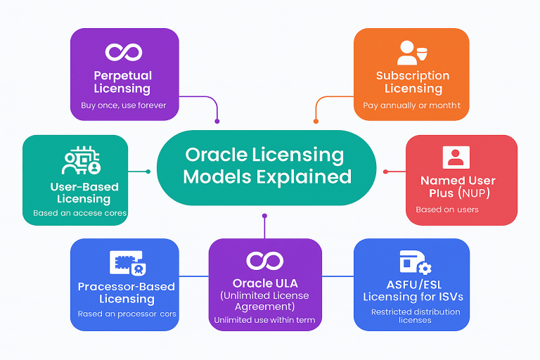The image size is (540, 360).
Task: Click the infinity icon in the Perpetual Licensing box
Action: pyautogui.click(x=124, y=52)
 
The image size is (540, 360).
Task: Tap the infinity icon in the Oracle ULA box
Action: pyautogui.click(x=265, y=260)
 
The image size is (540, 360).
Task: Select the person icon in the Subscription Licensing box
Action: pyautogui.click(x=411, y=52)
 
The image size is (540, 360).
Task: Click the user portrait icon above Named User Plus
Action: pyautogui.click(x=455, y=156)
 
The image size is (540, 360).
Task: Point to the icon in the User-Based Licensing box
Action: pyautogui.click(x=82, y=162)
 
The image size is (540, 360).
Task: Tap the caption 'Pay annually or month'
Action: pyautogui.click(x=412, y=105)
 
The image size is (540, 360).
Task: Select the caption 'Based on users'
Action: pyautogui.click(x=447, y=210)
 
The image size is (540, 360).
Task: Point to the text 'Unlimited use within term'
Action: pyautogui.click(x=265, y=321)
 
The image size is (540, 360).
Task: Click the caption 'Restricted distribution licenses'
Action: pyautogui.click(x=416, y=316)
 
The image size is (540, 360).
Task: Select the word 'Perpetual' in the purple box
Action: pyautogui.click(x=124, y=75)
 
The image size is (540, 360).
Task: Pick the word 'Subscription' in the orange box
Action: pyautogui.click(x=413, y=76)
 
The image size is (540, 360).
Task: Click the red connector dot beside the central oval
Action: pyautogui.click(x=385, y=171)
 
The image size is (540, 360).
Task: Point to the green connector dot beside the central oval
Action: pyautogui.click(x=148, y=171)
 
